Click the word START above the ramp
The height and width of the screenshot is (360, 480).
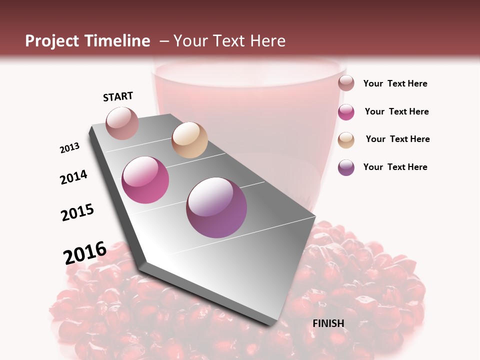118,96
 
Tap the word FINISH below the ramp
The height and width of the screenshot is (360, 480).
328,323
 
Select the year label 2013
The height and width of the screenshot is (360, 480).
70,148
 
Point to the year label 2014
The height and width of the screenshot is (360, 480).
73,177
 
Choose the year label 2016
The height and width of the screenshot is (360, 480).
85,252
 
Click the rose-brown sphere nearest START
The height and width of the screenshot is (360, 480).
122,123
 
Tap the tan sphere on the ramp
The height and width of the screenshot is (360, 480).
189,140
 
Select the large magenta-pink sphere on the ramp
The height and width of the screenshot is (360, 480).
145,180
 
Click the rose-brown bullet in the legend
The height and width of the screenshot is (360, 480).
346,83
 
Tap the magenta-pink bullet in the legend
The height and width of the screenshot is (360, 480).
346,112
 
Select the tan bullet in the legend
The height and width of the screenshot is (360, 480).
346,140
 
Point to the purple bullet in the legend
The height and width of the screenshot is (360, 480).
346,167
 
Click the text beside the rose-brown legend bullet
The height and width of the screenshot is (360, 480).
395,83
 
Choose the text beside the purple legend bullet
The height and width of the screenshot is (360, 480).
395,167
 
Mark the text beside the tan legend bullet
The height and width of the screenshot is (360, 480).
397,139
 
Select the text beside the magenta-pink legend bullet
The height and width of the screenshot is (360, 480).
396,111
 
